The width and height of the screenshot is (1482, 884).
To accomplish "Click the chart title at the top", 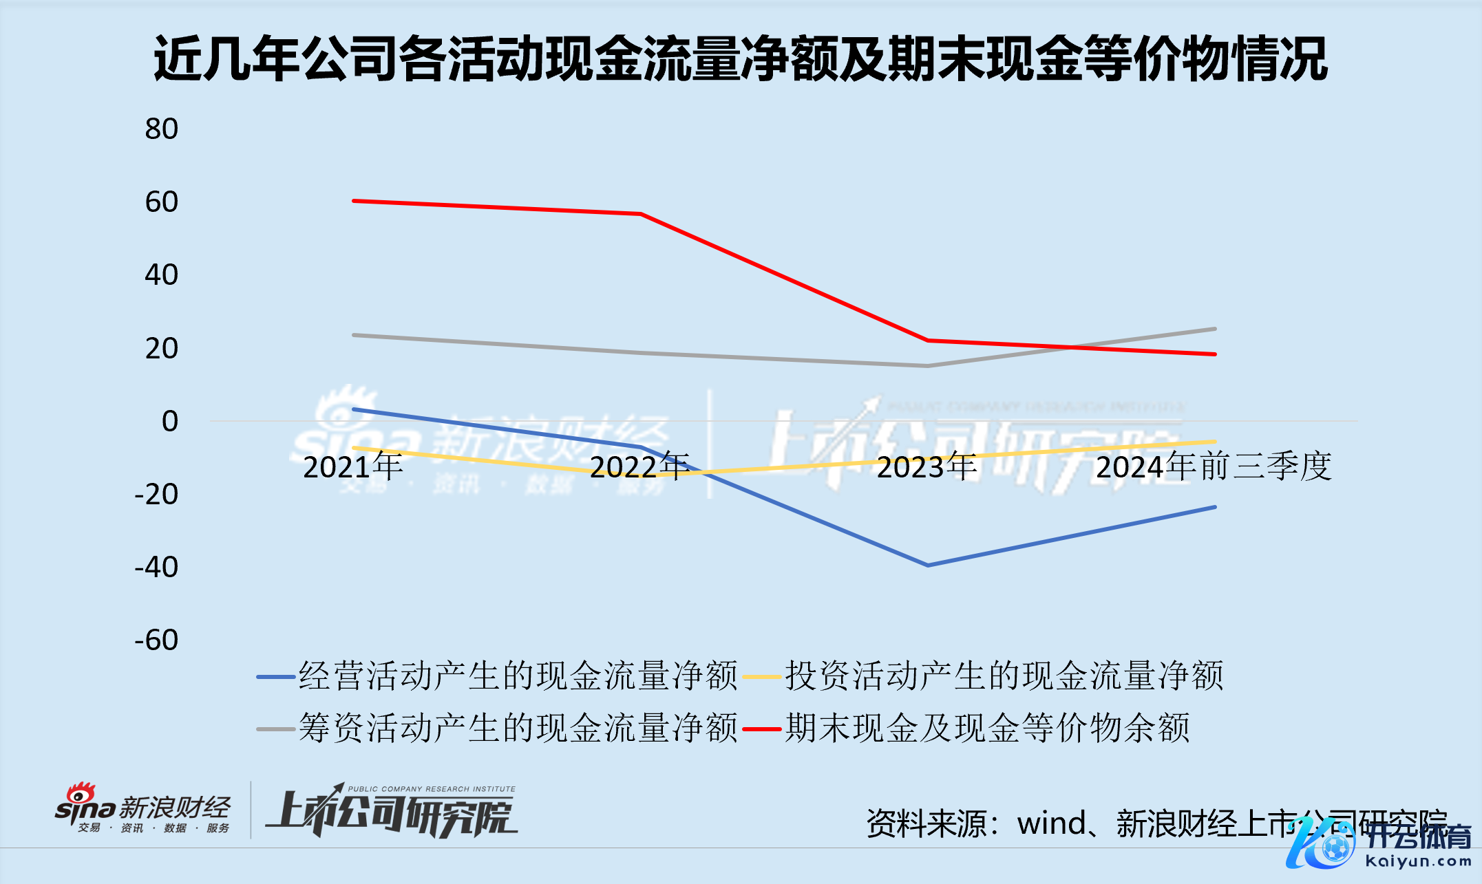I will pyautogui.click(x=740, y=59).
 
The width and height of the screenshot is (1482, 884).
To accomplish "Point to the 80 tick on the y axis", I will pyautogui.click(x=162, y=129).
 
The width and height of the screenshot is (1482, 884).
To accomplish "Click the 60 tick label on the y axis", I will pyautogui.click(x=162, y=202).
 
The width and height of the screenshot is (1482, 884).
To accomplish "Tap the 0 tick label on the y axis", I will pyautogui.click(x=169, y=421).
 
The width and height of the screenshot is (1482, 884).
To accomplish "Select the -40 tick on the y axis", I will pyautogui.click(x=157, y=568).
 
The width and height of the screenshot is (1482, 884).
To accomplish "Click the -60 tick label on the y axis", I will pyautogui.click(x=157, y=640).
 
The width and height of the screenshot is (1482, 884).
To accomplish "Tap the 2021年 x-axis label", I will pyautogui.click(x=353, y=467).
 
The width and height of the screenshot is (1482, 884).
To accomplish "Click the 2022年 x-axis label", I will pyautogui.click(x=640, y=467).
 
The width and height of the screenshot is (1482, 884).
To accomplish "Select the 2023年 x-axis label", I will pyautogui.click(x=927, y=467).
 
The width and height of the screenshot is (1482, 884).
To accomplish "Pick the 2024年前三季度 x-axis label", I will pyautogui.click(x=1214, y=467).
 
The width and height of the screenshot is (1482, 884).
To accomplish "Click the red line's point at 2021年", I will pyautogui.click(x=354, y=201).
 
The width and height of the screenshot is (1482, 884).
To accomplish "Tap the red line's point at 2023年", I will pyautogui.click(x=927, y=341).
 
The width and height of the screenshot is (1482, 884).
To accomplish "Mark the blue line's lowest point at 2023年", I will pyautogui.click(x=927, y=565).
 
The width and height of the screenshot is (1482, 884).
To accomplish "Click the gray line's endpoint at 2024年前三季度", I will pyautogui.click(x=1215, y=329).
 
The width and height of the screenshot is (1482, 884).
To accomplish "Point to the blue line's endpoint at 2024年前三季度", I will pyautogui.click(x=1215, y=507).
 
